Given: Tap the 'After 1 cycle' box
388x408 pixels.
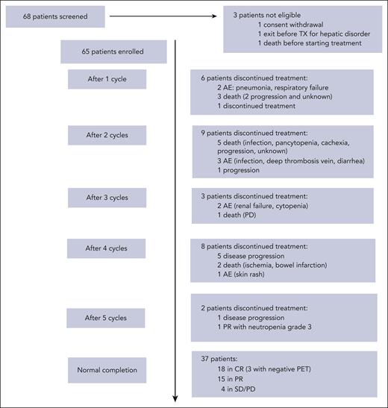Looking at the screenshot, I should [x=107, y=78].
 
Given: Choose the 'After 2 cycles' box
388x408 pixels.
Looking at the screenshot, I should [x=107, y=135].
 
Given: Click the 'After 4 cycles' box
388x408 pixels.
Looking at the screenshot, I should [x=107, y=248].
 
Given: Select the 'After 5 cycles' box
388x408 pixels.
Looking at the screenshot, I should [x=107, y=317].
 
